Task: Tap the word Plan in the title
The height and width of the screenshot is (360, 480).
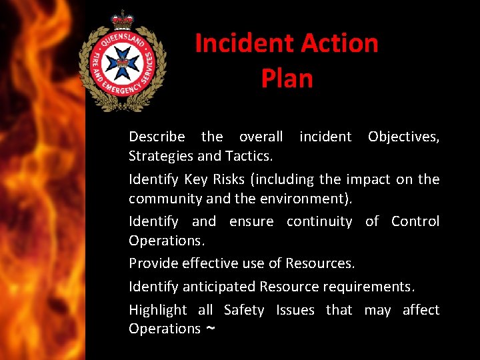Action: coord(287,79)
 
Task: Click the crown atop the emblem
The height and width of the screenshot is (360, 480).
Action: coord(123,19)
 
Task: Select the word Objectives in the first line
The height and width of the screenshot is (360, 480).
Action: coord(403,137)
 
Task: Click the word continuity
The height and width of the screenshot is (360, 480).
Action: coord(319,221)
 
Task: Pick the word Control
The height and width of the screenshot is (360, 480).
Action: coord(415,221)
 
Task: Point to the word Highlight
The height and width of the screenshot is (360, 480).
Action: coord(157,310)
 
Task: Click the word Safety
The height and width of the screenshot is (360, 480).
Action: coord(244,310)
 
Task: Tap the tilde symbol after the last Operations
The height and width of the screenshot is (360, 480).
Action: coord(210,329)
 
